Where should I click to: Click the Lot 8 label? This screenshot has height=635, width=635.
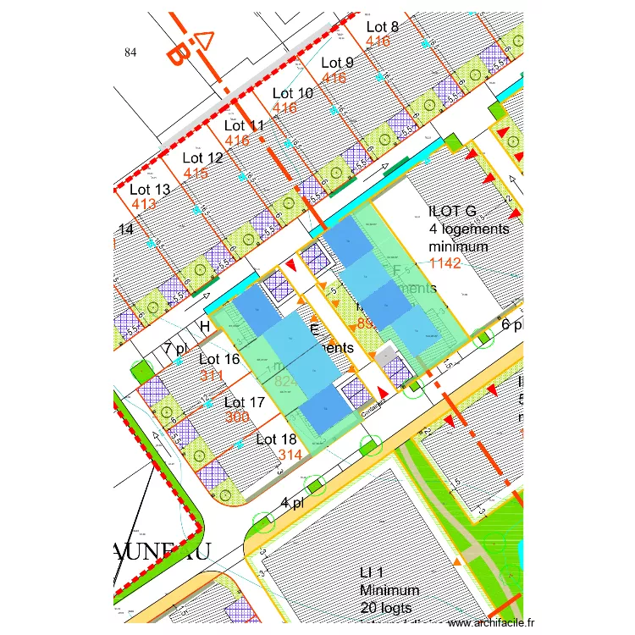point(383,27)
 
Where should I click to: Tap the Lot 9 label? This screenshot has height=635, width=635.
point(338,63)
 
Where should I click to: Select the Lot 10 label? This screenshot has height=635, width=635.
point(293,93)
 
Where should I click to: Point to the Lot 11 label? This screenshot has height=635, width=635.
point(245,126)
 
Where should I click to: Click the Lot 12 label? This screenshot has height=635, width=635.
point(203,157)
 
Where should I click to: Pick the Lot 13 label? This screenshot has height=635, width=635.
point(151,190)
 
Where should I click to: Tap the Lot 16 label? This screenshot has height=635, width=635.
point(219,360)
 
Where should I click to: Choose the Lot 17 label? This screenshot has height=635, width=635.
point(246,403)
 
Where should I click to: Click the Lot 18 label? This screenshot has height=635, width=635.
point(276,439)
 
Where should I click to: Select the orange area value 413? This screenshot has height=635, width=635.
point(143,204)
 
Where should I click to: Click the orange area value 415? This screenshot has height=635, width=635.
point(196,173)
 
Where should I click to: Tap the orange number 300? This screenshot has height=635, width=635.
point(237,417)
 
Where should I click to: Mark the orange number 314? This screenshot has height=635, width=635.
point(290,455)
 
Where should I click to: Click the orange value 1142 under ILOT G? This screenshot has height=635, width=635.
point(445,263)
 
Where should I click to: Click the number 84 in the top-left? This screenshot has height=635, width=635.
point(130,52)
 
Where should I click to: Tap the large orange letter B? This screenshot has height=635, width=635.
point(177,54)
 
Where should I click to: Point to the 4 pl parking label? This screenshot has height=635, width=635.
point(293,504)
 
